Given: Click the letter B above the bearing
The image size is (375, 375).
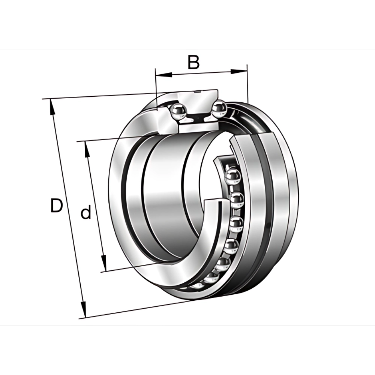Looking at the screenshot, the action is pyautogui.click(x=193, y=62).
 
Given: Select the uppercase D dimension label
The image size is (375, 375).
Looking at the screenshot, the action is pyautogui.click(x=57, y=205).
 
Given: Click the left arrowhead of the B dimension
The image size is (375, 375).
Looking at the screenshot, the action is pyautogui.click(x=163, y=75).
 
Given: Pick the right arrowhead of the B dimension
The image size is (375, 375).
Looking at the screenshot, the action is pyautogui.click(x=238, y=71).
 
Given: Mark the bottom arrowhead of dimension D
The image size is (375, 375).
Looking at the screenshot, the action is pyautogui.click(x=83, y=310).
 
